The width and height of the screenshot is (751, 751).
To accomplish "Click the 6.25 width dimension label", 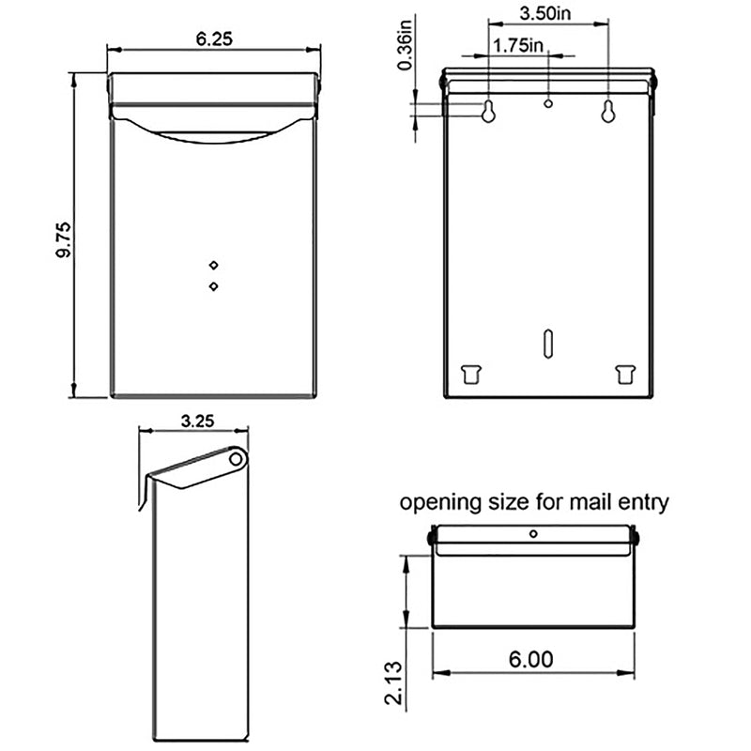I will point(214,38).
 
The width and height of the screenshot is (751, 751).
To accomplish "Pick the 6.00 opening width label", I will point(531,659).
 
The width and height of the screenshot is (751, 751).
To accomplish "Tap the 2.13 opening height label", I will point(395,682).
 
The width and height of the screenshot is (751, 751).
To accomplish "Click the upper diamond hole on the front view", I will point(214,265).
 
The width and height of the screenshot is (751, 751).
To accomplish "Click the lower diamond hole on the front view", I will point(214,285).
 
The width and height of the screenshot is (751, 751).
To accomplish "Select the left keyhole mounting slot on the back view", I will point(489,110).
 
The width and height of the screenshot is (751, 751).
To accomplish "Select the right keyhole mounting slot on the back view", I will point(609,110).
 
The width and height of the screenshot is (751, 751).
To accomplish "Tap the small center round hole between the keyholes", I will point(549,101).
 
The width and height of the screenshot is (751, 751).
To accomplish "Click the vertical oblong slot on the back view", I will point(548,342).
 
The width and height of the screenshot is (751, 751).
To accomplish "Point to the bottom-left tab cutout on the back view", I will point(472,374).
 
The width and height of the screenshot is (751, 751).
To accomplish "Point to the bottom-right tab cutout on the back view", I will point(625,374).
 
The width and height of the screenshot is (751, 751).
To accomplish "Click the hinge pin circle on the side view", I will point(235,458).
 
